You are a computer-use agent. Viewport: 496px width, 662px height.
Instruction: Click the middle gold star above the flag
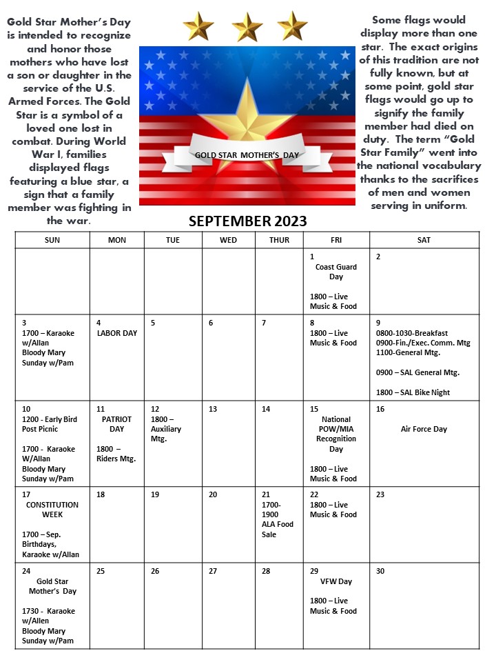[247, 28]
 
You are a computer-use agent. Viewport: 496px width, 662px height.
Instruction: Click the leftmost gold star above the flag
[198, 27]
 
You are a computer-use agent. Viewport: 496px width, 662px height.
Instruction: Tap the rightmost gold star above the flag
[293, 26]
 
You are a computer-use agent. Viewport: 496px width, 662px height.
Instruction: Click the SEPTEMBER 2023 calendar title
[247, 221]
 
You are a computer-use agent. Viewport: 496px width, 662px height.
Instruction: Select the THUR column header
[279, 240]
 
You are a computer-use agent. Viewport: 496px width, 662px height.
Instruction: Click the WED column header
[228, 240]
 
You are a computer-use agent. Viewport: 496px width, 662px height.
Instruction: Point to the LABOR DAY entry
[116, 333]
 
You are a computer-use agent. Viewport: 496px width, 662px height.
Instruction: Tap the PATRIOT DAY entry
[112, 424]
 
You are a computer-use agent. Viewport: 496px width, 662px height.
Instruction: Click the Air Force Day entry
[424, 429]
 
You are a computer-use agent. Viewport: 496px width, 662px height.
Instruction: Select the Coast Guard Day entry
[329, 272]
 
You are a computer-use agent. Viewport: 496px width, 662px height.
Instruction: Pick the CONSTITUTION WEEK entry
[52, 510]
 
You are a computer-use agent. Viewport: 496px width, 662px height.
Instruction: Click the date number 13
[212, 409]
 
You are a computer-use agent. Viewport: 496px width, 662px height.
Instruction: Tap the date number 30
[380, 571]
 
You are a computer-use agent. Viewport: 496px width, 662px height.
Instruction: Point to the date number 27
[212, 571]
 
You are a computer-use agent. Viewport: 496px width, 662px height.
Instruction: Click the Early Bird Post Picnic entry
[47, 424]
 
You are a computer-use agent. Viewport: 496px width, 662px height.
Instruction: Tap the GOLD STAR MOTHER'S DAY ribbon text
[247, 155]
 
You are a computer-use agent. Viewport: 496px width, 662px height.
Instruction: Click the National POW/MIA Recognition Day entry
[335, 434]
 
